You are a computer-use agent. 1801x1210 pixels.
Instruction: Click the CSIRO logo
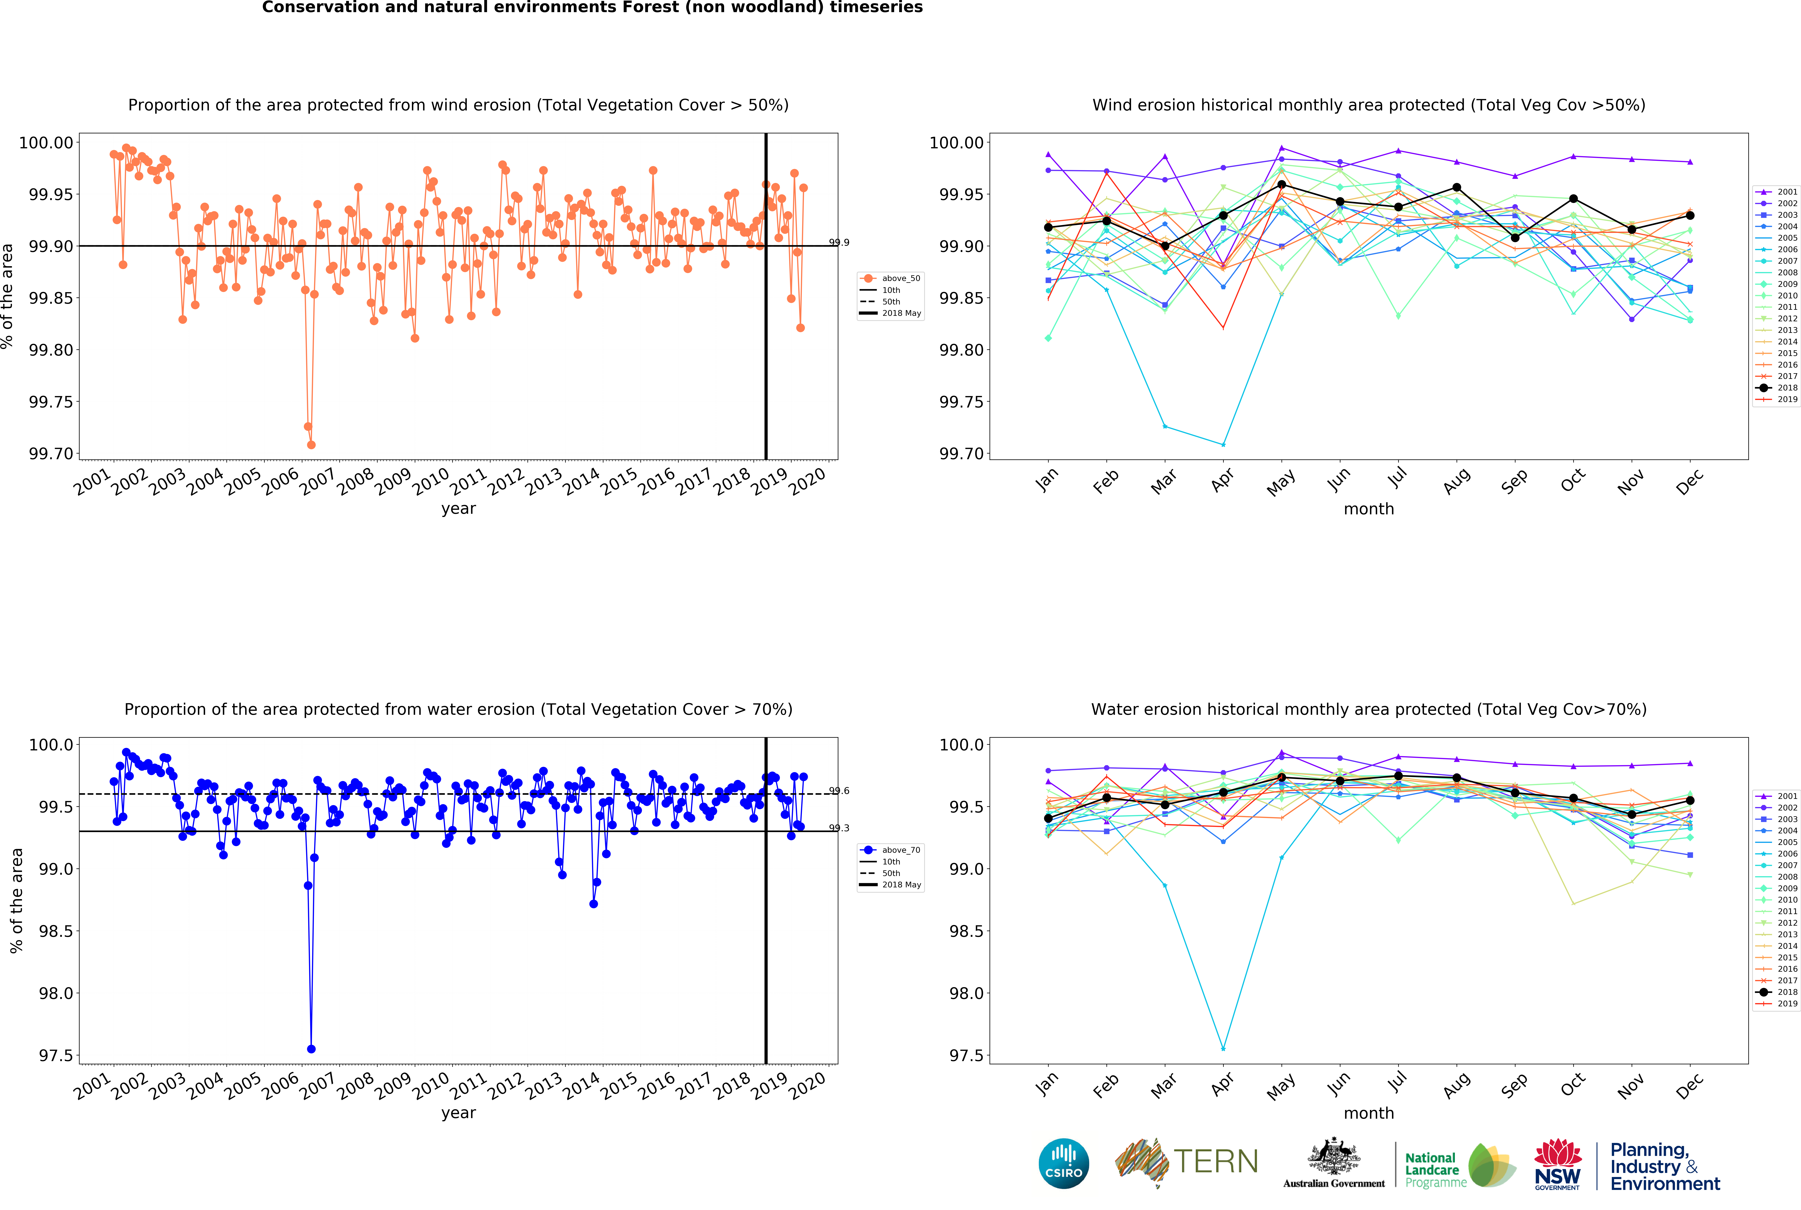pos(1063,1163)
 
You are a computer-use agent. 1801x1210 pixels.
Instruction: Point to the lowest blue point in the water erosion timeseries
pos(311,1049)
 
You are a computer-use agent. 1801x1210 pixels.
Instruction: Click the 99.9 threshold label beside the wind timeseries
pos(839,242)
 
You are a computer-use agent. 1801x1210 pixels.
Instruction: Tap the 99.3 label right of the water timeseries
pos(839,828)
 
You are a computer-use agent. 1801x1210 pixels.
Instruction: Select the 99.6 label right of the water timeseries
pos(839,791)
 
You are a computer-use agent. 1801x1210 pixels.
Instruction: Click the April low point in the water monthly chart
pos(1223,1049)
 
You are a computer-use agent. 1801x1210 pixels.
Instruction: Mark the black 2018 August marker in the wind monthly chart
pos(1457,188)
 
